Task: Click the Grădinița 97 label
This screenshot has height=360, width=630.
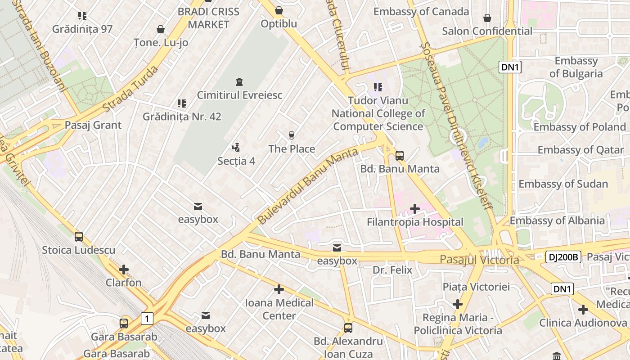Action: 82,29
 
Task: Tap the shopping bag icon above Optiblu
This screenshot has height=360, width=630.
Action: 279,10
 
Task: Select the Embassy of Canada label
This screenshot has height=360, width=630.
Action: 421,12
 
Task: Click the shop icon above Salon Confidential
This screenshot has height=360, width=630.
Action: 487,18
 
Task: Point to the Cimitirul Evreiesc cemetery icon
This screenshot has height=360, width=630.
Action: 239,82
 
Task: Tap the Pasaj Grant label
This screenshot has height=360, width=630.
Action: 93,125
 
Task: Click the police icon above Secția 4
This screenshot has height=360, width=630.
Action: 236,147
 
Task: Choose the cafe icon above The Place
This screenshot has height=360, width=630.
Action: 292,135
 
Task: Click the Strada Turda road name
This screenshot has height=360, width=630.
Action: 130,89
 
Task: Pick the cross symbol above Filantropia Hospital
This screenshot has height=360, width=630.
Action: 415,208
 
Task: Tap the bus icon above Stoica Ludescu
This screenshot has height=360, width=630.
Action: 79,236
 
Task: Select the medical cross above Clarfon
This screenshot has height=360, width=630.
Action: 124,270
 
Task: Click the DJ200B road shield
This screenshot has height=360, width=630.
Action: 563,257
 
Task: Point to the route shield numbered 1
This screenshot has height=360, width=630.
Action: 147,319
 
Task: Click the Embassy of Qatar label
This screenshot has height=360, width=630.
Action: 580,150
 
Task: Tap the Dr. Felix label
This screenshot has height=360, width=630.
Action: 392,270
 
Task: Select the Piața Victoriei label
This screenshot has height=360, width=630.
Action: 476,287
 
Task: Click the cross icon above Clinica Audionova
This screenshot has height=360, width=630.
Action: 583,310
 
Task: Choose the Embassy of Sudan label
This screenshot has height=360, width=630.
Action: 563,184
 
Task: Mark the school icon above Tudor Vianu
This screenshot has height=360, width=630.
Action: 378,87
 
